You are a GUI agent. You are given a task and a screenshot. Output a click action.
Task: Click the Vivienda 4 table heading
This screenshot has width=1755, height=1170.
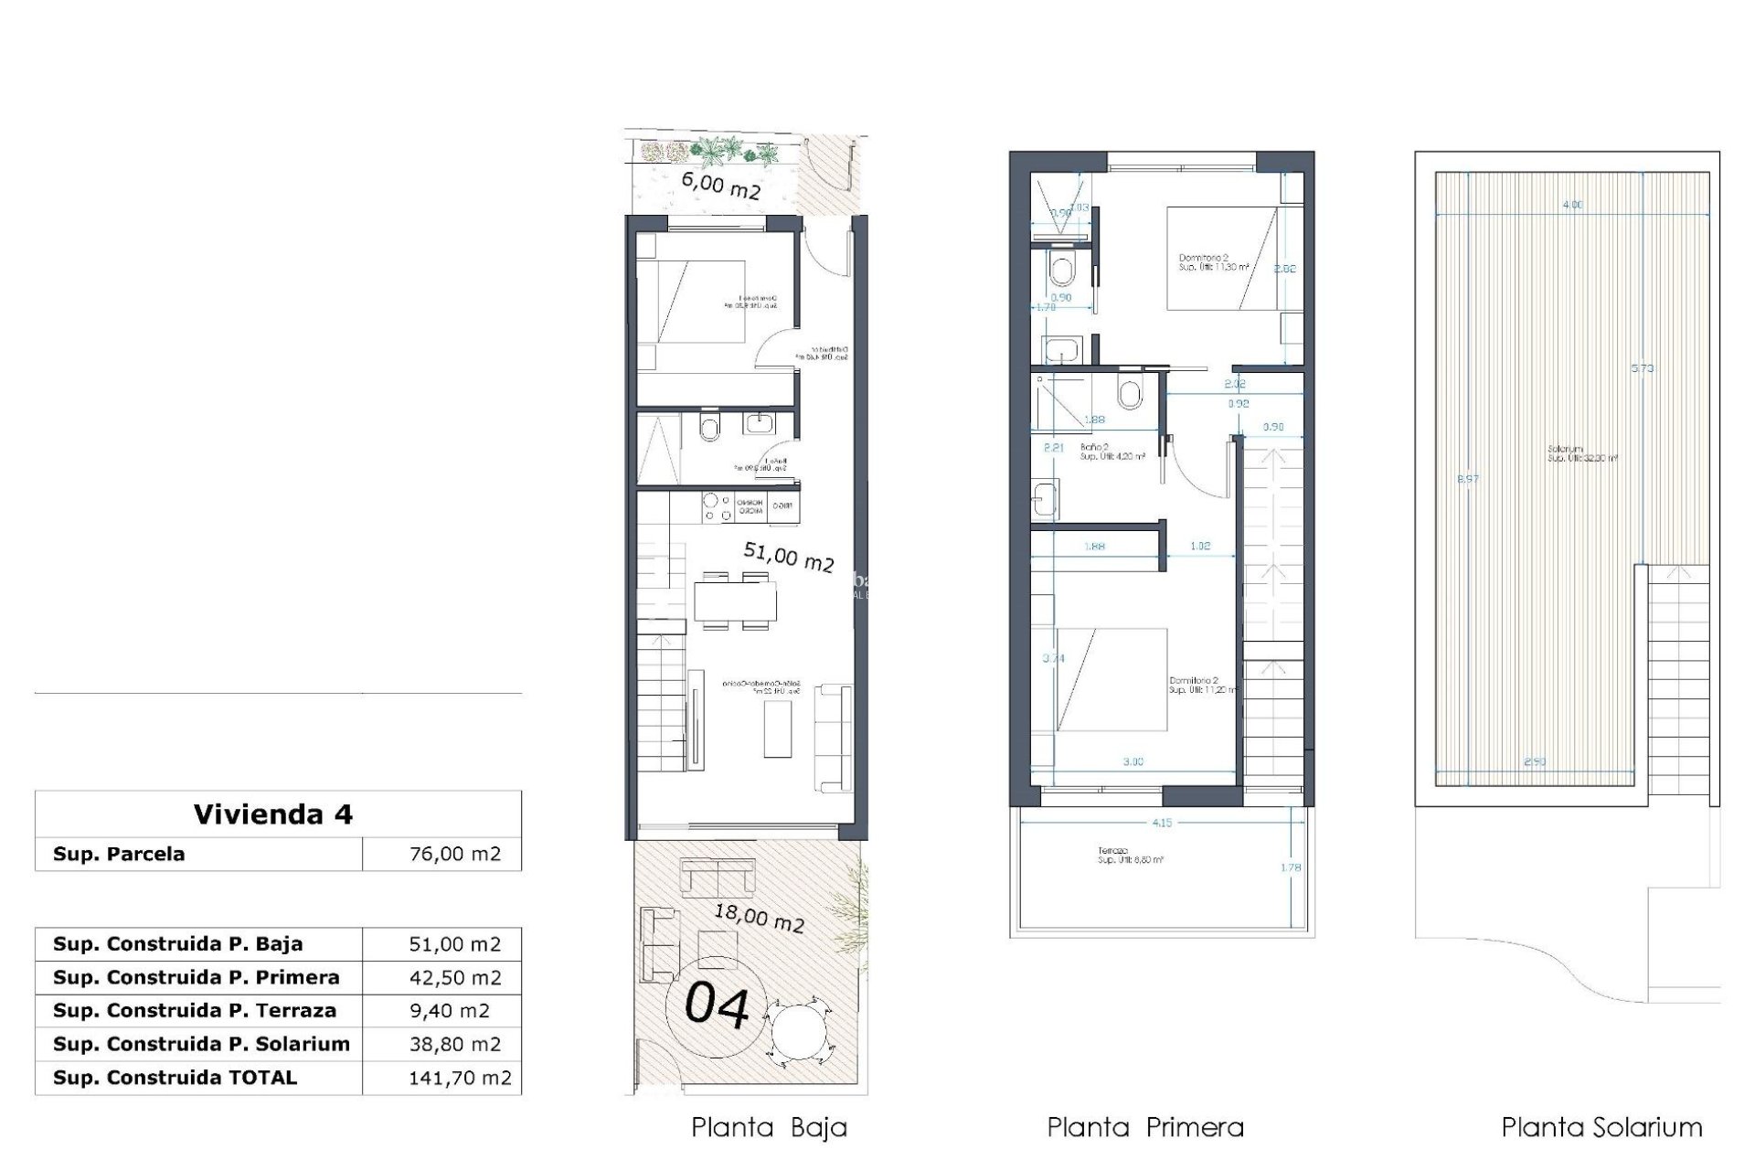point(272,814)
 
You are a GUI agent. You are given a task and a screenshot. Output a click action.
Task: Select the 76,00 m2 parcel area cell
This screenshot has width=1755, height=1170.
point(454,854)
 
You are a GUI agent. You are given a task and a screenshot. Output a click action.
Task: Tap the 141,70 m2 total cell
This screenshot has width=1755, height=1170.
point(459,1078)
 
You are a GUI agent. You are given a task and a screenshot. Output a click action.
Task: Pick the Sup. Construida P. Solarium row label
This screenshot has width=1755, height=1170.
point(201,1044)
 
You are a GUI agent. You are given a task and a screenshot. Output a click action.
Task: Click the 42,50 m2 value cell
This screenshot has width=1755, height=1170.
point(454,977)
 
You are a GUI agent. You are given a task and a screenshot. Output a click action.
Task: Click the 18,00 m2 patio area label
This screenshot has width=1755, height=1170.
point(759,917)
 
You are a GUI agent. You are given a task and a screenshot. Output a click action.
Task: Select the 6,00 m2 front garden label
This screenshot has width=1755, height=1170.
point(720,186)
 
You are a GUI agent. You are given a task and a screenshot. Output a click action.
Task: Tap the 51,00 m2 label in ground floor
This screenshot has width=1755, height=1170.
point(788,556)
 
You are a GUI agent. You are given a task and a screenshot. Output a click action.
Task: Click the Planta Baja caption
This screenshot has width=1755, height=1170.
point(769,1128)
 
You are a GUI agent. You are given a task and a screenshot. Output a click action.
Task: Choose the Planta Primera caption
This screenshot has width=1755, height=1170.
point(1144,1128)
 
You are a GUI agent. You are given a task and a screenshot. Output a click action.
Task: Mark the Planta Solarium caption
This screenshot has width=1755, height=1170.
point(1601,1128)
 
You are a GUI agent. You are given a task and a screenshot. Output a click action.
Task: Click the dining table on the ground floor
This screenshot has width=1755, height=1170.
point(735,601)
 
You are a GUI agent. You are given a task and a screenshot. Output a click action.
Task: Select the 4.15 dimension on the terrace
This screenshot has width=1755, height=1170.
point(1161,823)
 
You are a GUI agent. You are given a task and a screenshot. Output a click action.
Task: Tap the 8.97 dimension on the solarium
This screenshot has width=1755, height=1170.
point(1467,479)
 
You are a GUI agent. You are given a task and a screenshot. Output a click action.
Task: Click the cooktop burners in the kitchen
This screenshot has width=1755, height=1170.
point(716,508)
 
